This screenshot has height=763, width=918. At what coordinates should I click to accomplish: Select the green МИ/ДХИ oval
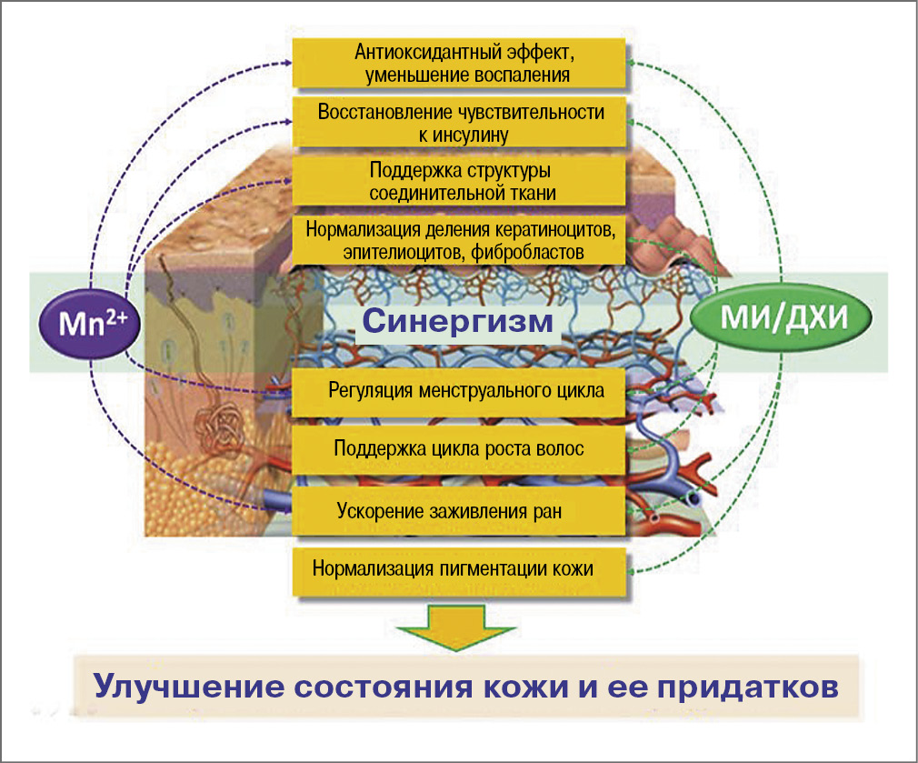tap(783, 318)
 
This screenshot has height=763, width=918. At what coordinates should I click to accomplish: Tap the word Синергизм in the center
tap(457, 322)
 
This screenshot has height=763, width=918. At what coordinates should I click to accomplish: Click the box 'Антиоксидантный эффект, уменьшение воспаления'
tap(461, 63)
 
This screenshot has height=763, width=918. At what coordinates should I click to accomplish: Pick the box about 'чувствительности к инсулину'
tap(461, 123)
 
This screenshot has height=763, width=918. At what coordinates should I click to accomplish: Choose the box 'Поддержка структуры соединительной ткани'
tap(461, 181)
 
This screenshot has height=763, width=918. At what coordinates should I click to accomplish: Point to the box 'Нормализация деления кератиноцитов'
tap(461, 238)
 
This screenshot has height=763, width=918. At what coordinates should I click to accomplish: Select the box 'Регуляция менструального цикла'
tap(461, 391)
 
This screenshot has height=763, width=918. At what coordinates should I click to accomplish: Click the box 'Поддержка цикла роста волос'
tap(461, 449)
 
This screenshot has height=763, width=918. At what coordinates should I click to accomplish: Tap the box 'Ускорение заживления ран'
tap(461, 510)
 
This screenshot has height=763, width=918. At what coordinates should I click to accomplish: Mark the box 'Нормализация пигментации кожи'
tap(461, 570)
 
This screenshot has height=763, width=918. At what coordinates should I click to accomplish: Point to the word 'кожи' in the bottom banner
tap(514, 686)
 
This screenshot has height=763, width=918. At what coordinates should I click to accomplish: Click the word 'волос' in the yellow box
tap(559, 449)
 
